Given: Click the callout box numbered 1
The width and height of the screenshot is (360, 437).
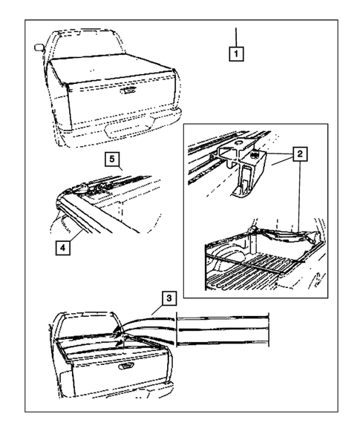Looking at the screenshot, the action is pos(236,53).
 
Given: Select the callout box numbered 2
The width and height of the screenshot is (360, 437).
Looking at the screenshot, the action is pos(300,154).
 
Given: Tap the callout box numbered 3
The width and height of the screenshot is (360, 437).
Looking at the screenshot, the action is pos(169,298).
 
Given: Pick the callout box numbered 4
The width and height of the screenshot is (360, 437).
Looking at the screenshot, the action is pos(63,248).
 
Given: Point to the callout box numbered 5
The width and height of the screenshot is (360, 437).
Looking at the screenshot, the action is pos(112,159).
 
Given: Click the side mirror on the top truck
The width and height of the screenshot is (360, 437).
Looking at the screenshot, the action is pos(39,47).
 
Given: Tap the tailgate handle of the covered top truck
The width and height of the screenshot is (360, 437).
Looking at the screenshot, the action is pos(128,91).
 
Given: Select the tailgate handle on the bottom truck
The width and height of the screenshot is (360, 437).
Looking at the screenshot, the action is pos(126,366).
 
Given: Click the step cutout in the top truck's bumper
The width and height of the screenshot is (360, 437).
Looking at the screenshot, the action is pos(129,129).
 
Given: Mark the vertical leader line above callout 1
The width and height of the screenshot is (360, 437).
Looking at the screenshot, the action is pos(236,37).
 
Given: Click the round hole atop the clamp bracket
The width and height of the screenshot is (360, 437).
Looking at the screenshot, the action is pos(238,143).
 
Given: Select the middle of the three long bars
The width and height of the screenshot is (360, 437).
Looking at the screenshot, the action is pos(223,329).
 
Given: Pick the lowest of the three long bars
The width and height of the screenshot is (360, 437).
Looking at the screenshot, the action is pos(223,343).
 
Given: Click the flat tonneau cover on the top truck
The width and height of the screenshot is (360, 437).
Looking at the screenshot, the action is pos(111,69).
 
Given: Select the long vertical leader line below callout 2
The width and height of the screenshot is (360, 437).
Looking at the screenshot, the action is pos(299,196).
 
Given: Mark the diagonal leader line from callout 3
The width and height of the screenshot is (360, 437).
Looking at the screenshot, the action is pos(157,310).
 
